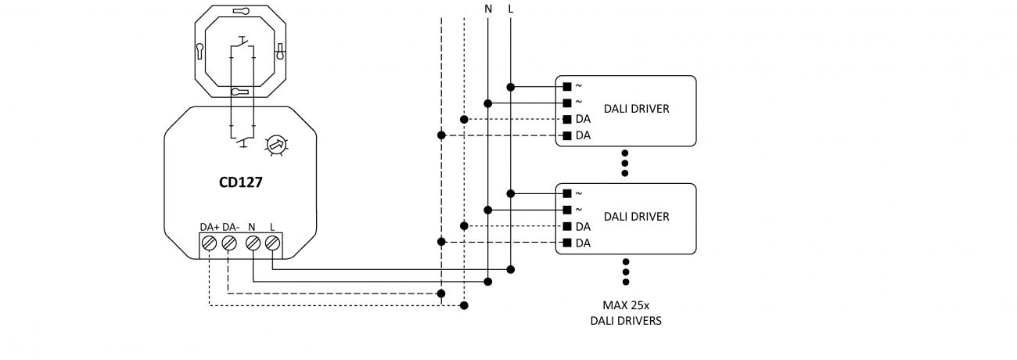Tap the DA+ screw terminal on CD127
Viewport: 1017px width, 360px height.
click(209, 244)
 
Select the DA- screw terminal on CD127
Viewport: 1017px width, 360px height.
click(228, 244)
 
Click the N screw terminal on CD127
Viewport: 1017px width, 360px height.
click(253, 244)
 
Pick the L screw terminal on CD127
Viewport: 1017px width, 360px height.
click(271, 244)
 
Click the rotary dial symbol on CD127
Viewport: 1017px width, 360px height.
click(275, 145)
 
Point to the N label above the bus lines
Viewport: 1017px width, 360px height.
click(488, 9)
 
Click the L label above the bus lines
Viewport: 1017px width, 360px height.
click(511, 9)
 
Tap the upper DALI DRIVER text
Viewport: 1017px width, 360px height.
click(636, 110)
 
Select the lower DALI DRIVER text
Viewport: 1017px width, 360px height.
click(636, 217)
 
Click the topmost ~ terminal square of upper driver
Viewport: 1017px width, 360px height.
click(567, 86)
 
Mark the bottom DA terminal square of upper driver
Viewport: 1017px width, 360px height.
click(567, 135)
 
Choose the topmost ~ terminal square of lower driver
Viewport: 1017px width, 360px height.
click(567, 193)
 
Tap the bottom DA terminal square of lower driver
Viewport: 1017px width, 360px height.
click(567, 243)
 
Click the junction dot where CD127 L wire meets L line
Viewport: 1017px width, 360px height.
click(511, 269)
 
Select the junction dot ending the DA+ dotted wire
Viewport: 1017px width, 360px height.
click(465, 305)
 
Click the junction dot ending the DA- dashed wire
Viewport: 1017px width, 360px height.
click(442, 293)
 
